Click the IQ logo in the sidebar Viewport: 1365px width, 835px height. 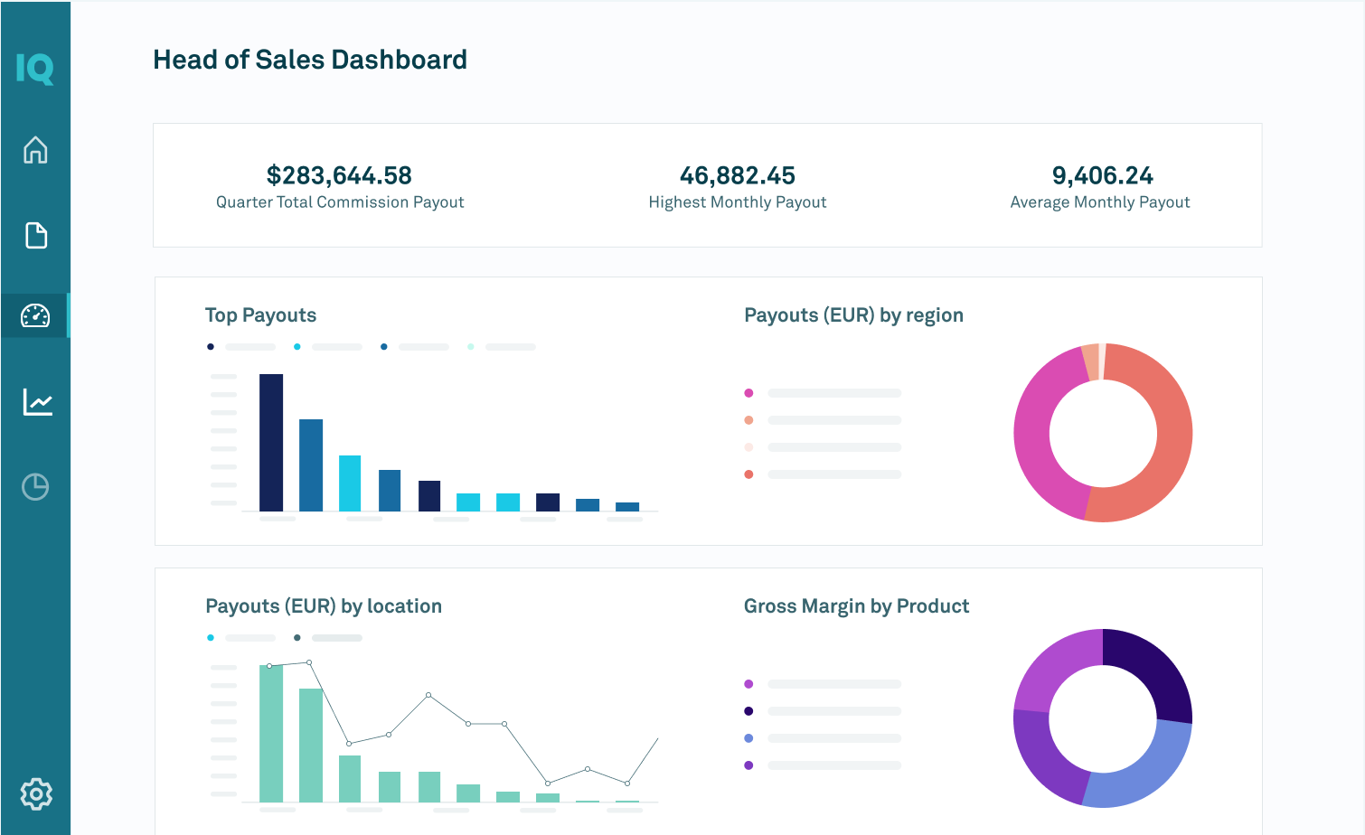[35, 69]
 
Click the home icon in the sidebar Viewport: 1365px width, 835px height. [35, 150]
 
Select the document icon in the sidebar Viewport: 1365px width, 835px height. [35, 235]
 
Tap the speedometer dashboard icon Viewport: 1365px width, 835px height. [35, 315]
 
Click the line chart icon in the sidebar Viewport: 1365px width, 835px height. [37, 401]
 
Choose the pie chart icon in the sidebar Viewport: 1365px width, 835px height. [35, 487]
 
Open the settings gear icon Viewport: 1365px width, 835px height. [36, 793]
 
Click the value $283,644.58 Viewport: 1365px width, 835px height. [339, 175]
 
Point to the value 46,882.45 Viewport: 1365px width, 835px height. [737, 175]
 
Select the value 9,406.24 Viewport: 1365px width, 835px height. [1102, 175]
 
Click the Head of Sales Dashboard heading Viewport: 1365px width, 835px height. [310, 60]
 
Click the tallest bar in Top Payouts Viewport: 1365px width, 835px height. [271, 443]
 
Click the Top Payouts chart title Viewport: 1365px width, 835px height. [260, 315]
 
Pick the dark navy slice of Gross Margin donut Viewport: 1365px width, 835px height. [1153, 669]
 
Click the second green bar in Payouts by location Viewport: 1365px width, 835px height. [311, 746]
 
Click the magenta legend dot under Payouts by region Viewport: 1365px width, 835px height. [748, 393]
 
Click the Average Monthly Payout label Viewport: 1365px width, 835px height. [1099, 202]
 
